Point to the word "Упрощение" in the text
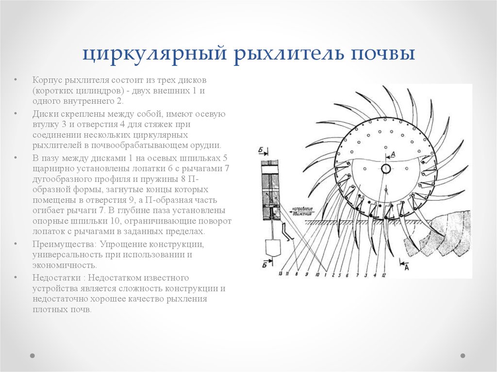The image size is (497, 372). coord(123,244)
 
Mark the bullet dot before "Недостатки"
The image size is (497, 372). coord(16,278)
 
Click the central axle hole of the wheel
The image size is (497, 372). coord(386,168)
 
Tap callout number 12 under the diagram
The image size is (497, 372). coord(383,275)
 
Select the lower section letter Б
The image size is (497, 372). coord(265,265)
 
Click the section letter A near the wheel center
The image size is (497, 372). coord(393,154)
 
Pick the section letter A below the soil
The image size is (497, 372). coord(405,266)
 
